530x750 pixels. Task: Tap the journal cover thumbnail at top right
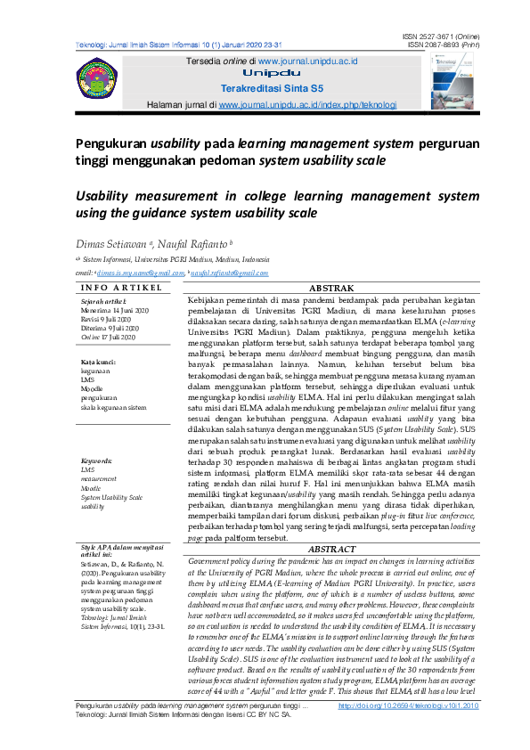453,77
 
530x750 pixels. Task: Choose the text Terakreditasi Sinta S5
265,89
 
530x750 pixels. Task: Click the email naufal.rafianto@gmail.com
229,273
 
